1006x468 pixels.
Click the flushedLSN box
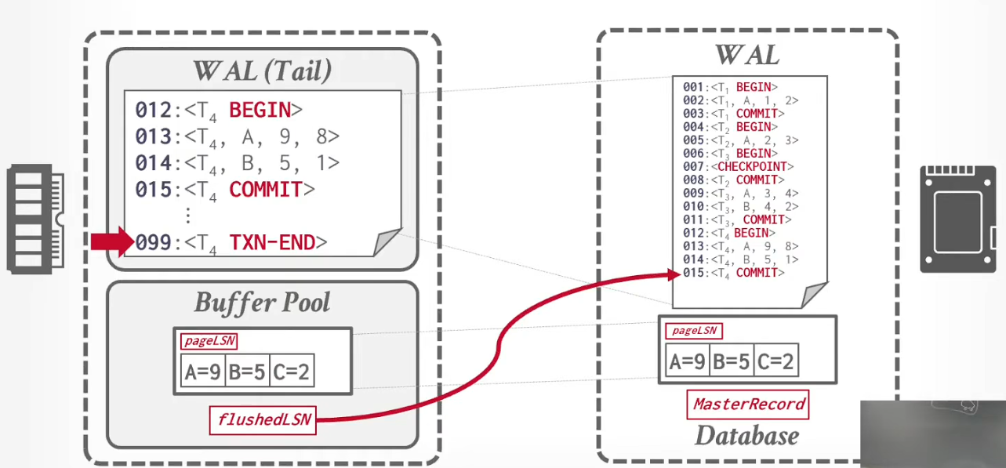(263, 420)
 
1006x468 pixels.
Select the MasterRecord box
(748, 405)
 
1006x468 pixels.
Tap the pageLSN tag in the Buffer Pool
(209, 341)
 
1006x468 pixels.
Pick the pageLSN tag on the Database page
(694, 331)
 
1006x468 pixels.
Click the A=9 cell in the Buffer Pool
(203, 371)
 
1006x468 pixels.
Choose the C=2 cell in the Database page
(776, 361)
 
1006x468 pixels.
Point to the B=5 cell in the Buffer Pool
(248, 371)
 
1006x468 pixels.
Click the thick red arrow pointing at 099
(112, 241)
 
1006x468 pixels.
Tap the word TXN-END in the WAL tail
(272, 242)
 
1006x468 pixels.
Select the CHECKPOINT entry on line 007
(752, 167)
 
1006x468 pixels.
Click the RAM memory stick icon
(35, 219)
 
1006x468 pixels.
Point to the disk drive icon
(957, 219)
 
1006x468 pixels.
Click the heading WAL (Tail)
(262, 71)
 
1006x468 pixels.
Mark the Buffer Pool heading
(262, 302)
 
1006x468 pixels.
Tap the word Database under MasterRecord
(747, 436)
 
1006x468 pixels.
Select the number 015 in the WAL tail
(154, 190)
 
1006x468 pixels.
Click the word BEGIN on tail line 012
(260, 110)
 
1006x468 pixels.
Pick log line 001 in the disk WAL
(730, 87)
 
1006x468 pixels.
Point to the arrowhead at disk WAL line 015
(674, 274)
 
